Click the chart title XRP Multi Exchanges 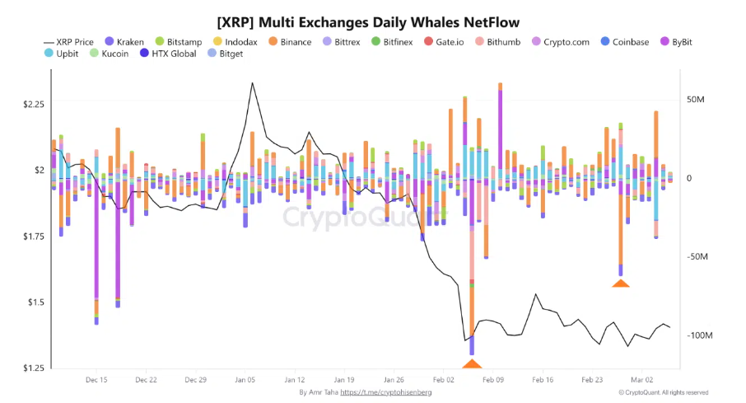pyautogui.click(x=367, y=19)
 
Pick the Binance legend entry pyautogui.click(x=294, y=41)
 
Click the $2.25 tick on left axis pyautogui.click(x=33, y=104)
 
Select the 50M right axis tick pyautogui.click(x=696, y=99)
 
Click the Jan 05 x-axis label pyautogui.click(x=245, y=380)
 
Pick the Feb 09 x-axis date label pyautogui.click(x=493, y=380)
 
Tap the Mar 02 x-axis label pyautogui.click(x=642, y=380)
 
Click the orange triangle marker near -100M pyautogui.click(x=472, y=363)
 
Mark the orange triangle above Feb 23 pyautogui.click(x=621, y=284)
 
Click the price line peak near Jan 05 pyautogui.click(x=251, y=83)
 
